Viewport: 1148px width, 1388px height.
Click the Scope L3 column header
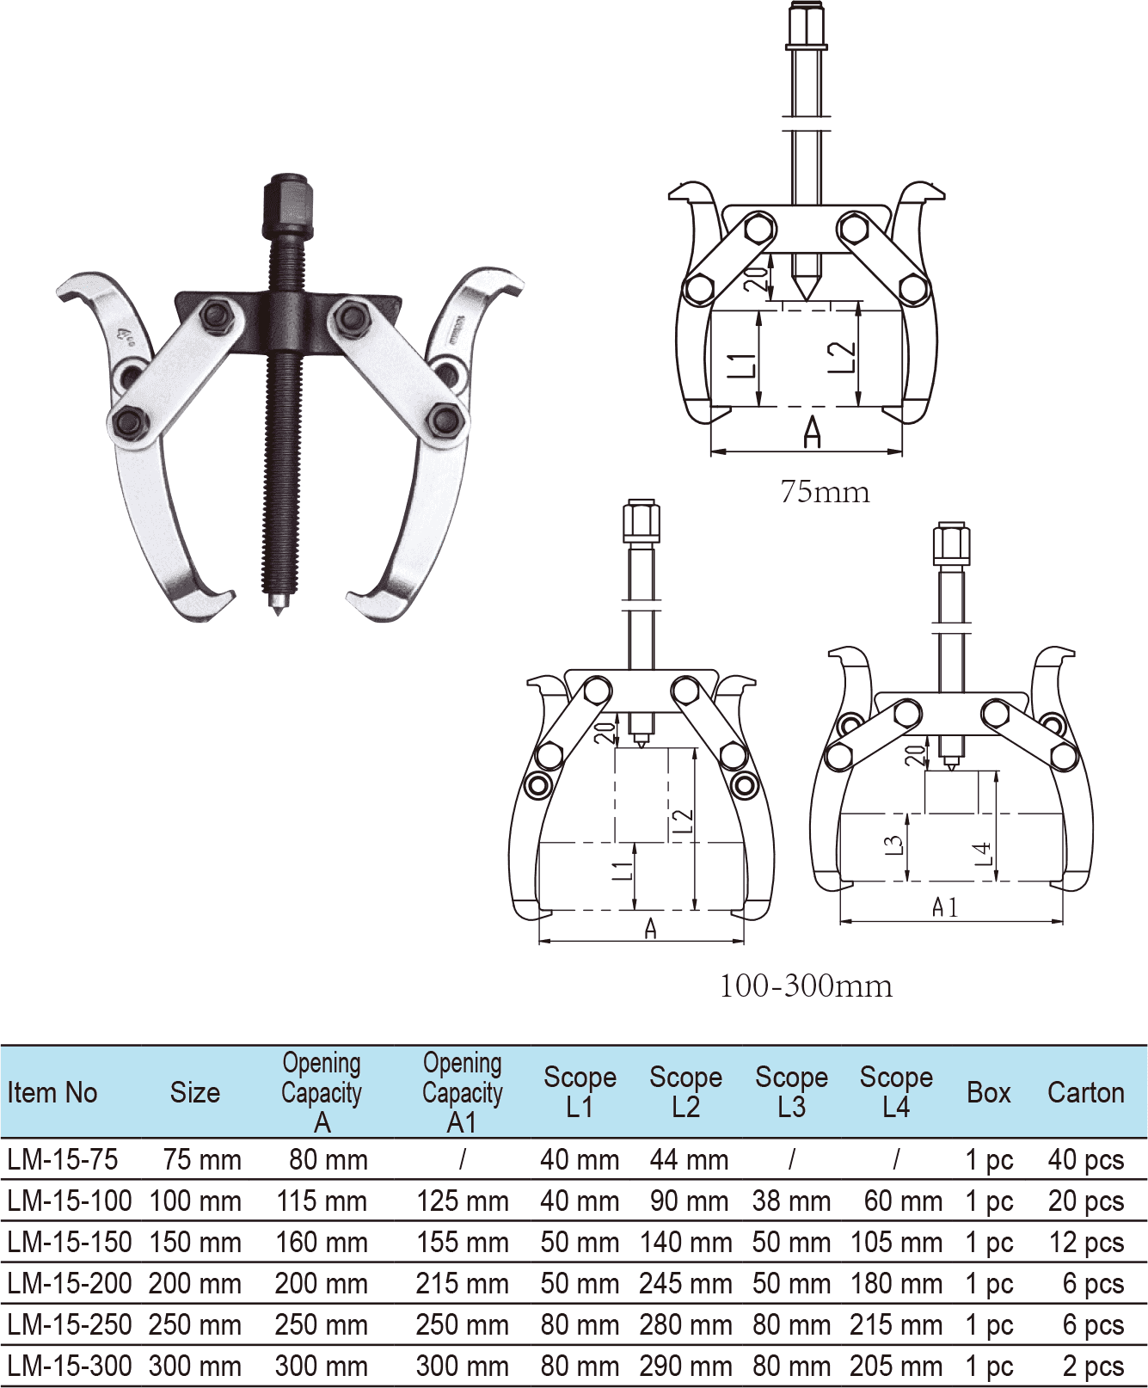791,1091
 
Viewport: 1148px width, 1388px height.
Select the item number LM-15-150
70,1242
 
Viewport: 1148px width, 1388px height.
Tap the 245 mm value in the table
685,1283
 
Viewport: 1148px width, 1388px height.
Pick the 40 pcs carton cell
1085,1159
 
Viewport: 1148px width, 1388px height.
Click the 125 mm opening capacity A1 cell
463,1201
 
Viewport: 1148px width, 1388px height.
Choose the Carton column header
1085,1092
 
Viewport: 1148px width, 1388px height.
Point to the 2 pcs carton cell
1092,1366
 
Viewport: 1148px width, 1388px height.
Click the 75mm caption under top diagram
824,492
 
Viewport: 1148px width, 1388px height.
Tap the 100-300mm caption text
806,986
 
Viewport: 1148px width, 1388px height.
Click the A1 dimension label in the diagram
944,907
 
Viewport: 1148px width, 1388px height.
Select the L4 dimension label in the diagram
982,853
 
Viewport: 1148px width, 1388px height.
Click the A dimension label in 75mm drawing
812,433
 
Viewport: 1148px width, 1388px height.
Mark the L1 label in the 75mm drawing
742,365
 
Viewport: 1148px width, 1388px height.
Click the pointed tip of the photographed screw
277,610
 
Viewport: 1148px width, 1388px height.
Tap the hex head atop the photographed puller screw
287,206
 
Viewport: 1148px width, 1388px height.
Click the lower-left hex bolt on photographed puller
130,423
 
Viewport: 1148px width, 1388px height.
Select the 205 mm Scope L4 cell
896,1366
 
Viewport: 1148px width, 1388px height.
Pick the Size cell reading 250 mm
195,1324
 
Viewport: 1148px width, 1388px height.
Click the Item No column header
52,1092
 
